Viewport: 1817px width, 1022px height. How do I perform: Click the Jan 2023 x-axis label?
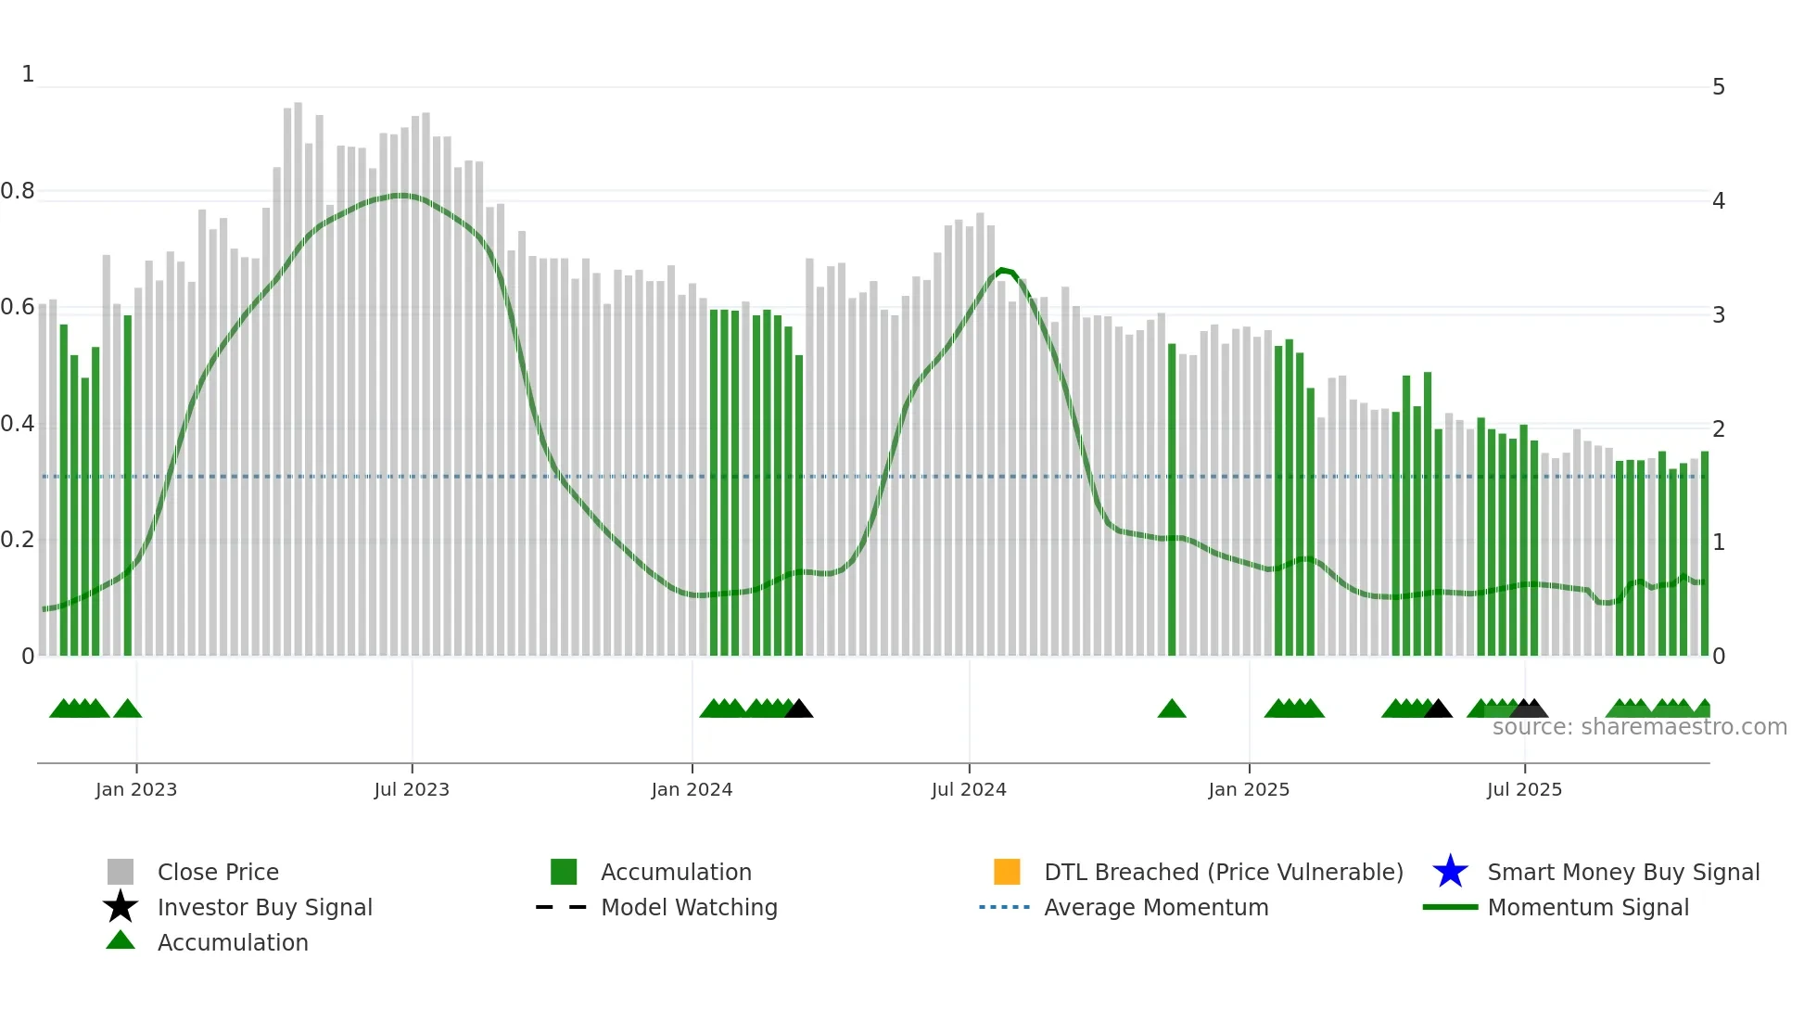click(x=136, y=789)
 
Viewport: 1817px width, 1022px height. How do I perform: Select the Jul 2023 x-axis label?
click(x=412, y=789)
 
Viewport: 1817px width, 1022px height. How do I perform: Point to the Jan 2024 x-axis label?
click(x=692, y=789)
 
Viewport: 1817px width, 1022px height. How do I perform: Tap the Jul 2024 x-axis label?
click(x=969, y=789)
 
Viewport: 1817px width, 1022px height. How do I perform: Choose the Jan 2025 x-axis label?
click(x=1249, y=789)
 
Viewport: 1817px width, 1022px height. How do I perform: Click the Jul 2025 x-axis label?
click(x=1524, y=789)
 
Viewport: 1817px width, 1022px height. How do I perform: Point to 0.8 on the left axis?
click(x=18, y=191)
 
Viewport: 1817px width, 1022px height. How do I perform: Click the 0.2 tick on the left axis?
click(x=18, y=540)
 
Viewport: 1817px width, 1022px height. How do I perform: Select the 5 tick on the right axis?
click(x=1719, y=87)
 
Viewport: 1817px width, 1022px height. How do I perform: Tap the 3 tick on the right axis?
click(x=1719, y=314)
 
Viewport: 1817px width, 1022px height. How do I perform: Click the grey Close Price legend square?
click(x=121, y=872)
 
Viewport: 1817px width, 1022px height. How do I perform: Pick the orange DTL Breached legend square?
click(x=1007, y=872)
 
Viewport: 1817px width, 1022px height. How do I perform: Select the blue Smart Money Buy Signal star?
click(x=1450, y=872)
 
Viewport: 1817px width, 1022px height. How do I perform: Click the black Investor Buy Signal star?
click(x=121, y=907)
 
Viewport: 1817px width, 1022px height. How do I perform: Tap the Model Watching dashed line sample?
click(x=562, y=907)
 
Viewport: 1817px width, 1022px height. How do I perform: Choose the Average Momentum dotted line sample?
click(x=1005, y=907)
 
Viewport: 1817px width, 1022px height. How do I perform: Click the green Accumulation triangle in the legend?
click(x=121, y=940)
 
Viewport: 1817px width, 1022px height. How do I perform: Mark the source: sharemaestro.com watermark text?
click(x=1639, y=727)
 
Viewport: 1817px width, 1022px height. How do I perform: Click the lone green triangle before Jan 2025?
click(x=1172, y=709)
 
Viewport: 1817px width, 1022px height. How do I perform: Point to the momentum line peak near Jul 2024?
click(x=1002, y=271)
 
